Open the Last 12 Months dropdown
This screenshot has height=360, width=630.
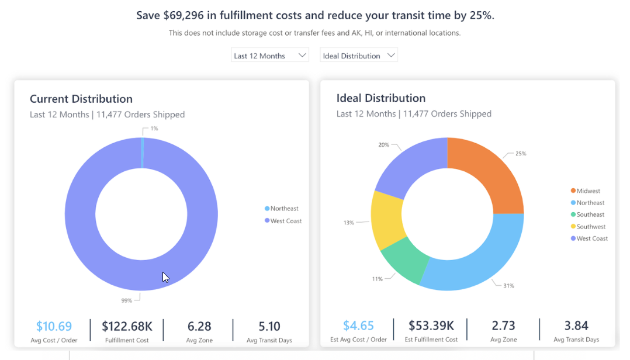click(269, 56)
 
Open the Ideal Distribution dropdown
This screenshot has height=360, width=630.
click(358, 56)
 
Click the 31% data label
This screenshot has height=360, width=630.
click(508, 286)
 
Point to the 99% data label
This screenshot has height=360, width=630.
click(126, 300)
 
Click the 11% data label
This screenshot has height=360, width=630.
click(377, 279)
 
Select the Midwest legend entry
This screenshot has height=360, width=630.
click(588, 191)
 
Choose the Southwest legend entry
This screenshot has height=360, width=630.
click(590, 227)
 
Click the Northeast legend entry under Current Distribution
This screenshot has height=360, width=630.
click(284, 209)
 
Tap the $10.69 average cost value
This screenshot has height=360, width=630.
click(54, 326)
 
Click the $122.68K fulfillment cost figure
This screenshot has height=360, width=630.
click(127, 326)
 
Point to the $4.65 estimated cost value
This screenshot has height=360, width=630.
click(358, 326)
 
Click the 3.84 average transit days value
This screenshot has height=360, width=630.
click(576, 326)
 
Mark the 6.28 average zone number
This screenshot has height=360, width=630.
click(199, 326)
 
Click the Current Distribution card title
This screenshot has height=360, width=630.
click(81, 99)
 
